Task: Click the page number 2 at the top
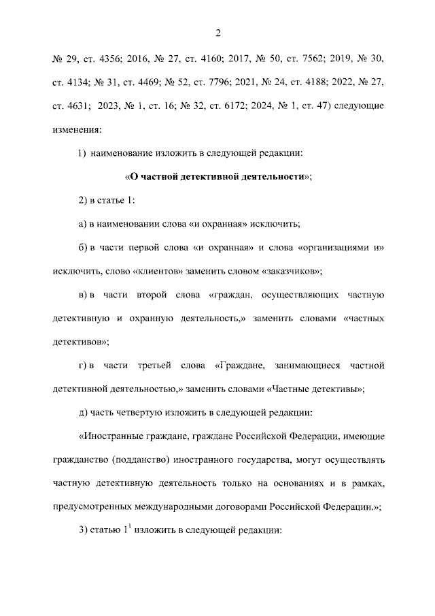[x=218, y=33]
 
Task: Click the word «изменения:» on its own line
[x=77, y=128]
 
